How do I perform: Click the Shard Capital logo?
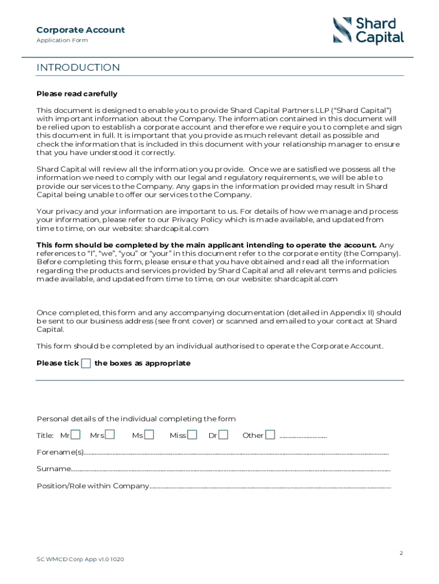click(x=368, y=31)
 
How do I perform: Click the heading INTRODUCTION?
click(x=78, y=68)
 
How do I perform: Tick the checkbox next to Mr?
click(x=75, y=435)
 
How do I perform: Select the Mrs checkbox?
click(x=110, y=435)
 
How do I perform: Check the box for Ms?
click(x=149, y=435)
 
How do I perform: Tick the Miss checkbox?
click(x=192, y=435)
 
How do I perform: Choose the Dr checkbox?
click(x=223, y=435)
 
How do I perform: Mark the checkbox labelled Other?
click(x=270, y=435)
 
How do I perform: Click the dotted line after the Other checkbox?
click(x=303, y=436)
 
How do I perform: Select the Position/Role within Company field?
click(x=270, y=487)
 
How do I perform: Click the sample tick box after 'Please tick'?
click(x=86, y=363)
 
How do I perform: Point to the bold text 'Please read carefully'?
click(x=77, y=94)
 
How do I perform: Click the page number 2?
click(x=401, y=553)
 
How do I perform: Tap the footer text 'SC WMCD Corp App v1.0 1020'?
click(x=80, y=559)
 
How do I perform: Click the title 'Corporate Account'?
click(x=80, y=30)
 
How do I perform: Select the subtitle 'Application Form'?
click(x=62, y=40)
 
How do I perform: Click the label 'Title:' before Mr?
click(x=45, y=436)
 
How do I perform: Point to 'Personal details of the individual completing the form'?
click(x=136, y=419)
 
